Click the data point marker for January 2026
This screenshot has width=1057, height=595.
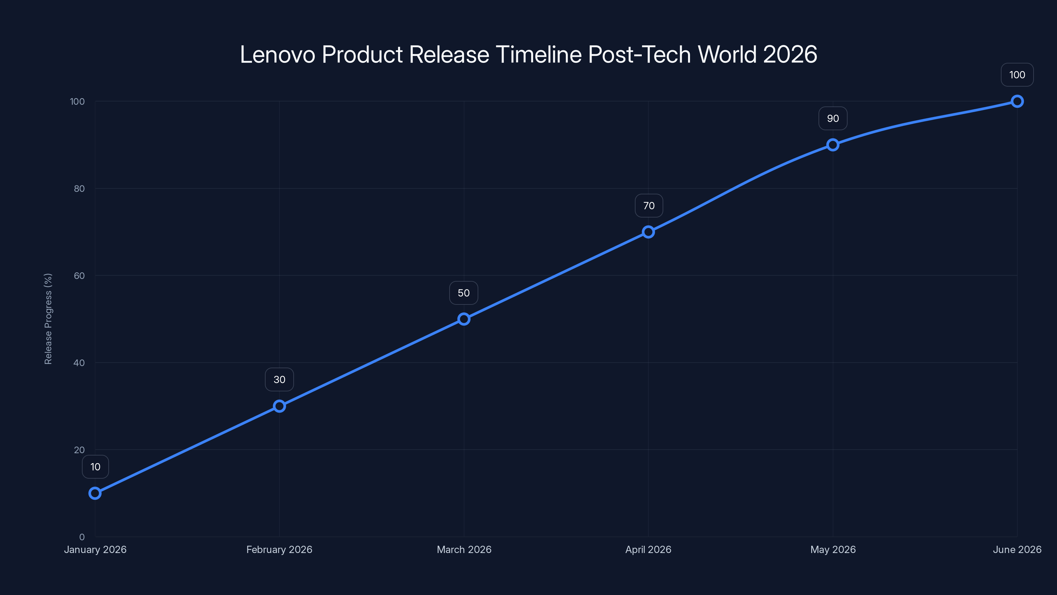(x=95, y=493)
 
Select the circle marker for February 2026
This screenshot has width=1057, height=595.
(x=279, y=406)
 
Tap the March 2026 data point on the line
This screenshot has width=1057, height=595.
(x=464, y=319)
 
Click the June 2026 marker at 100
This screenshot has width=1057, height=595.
(x=1017, y=101)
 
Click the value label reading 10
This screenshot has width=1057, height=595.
(x=95, y=467)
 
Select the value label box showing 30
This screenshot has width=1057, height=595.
(x=279, y=379)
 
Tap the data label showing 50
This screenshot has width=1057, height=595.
(x=464, y=293)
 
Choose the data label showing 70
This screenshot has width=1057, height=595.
(x=649, y=206)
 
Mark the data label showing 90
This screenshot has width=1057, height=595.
(x=832, y=119)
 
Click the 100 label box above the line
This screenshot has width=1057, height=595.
(x=1017, y=75)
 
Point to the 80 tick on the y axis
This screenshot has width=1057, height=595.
(x=79, y=188)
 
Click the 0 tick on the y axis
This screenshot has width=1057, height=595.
(x=82, y=537)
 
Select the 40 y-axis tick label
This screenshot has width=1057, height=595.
(x=79, y=363)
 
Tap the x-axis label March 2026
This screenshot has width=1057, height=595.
(x=464, y=549)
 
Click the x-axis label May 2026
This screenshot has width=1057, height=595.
(x=832, y=549)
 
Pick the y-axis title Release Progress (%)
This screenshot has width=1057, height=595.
(x=48, y=319)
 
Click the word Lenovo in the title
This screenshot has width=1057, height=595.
(x=277, y=54)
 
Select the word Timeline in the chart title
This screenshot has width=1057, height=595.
(x=538, y=54)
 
